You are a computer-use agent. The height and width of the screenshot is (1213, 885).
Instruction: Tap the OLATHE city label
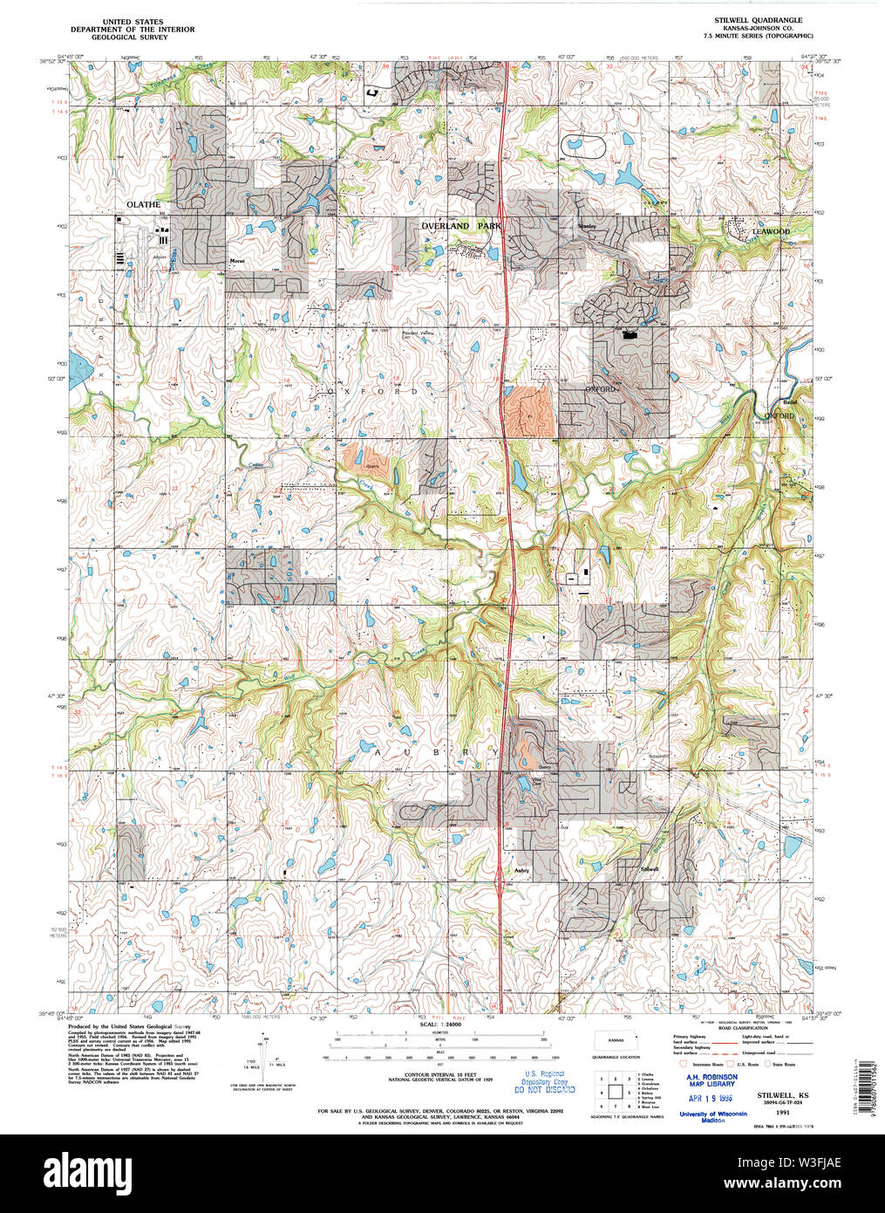(143, 204)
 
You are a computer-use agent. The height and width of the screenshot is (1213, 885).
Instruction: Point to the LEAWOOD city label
(770, 231)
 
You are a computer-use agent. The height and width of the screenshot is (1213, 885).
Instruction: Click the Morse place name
(236, 261)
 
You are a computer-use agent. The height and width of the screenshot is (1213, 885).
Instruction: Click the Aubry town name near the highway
(521, 869)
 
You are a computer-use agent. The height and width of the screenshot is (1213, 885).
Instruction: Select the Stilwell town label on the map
(650, 870)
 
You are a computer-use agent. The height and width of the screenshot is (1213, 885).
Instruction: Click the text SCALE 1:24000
(443, 1024)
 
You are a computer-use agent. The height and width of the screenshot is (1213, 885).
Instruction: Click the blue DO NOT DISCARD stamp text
(545, 1089)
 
